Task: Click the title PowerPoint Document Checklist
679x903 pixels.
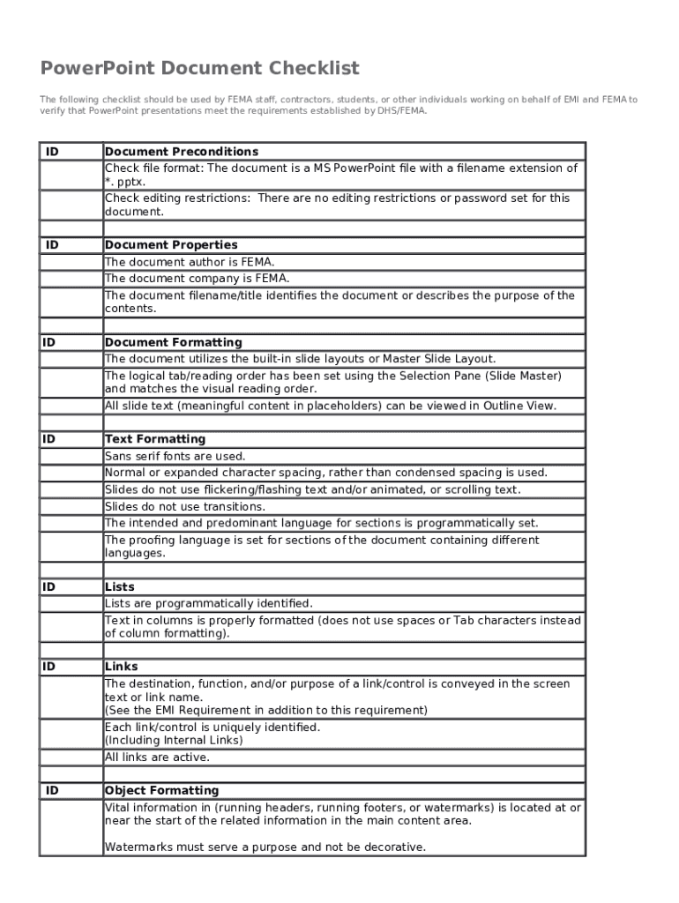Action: pyautogui.click(x=199, y=69)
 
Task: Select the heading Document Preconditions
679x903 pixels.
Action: pyautogui.click(x=182, y=152)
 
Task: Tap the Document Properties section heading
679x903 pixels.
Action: pyautogui.click(x=171, y=245)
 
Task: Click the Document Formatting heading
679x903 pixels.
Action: pyautogui.click(x=173, y=342)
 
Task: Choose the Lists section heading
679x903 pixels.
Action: pyautogui.click(x=120, y=586)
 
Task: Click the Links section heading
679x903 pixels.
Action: pyautogui.click(x=122, y=667)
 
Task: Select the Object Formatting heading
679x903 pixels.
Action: pyautogui.click(x=161, y=791)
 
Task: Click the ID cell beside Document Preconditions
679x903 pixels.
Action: pyautogui.click(x=53, y=152)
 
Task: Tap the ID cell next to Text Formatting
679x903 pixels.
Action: pyautogui.click(x=48, y=439)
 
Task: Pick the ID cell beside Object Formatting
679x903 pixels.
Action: pyautogui.click(x=53, y=791)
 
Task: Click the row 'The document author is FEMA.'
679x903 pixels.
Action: pyautogui.click(x=190, y=262)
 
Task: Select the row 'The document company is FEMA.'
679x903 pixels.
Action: pyautogui.click(x=197, y=279)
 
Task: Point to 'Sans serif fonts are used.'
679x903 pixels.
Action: pyautogui.click(x=175, y=457)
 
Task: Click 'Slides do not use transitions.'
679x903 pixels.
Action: pyautogui.click(x=185, y=507)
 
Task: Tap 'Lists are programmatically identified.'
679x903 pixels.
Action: pyautogui.click(x=209, y=603)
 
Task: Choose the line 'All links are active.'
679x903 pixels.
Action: pyautogui.click(x=158, y=757)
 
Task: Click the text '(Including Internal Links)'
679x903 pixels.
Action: pyautogui.click(x=174, y=741)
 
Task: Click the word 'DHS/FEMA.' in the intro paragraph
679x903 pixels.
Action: pyautogui.click(x=402, y=112)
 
